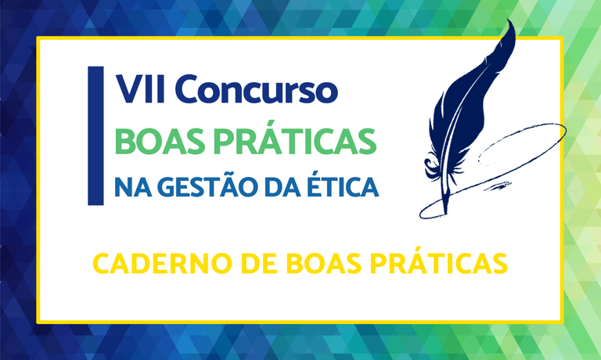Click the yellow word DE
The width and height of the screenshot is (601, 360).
coord(242,262)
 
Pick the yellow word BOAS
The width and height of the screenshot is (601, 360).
coord(304,262)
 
